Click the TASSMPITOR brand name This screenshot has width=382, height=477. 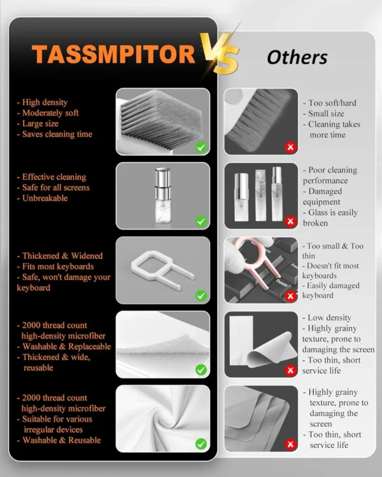[x=113, y=55]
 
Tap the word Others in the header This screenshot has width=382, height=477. [x=297, y=57]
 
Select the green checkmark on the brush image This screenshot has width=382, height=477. [x=201, y=147]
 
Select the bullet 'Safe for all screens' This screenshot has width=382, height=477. [x=55, y=188]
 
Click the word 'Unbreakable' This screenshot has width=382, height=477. [x=44, y=198]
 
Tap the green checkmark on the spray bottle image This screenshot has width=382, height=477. [x=201, y=221]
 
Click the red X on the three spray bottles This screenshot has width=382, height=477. [x=291, y=221]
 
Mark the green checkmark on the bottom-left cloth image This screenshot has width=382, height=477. [x=201, y=444]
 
